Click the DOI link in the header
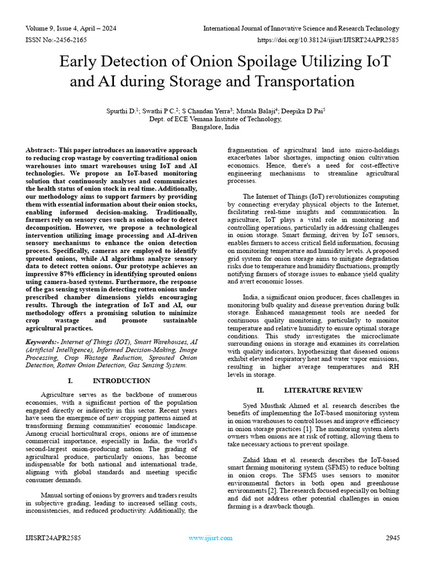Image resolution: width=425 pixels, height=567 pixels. (x=328, y=40)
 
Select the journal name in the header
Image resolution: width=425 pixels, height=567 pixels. (x=301, y=28)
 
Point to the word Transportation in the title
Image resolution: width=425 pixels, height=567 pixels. (x=300, y=81)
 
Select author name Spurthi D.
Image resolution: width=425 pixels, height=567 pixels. (x=122, y=111)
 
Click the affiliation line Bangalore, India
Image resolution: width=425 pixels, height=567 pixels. (x=216, y=126)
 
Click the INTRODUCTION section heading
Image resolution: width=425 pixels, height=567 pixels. (x=121, y=381)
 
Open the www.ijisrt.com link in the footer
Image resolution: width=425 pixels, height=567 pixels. (x=210, y=538)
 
